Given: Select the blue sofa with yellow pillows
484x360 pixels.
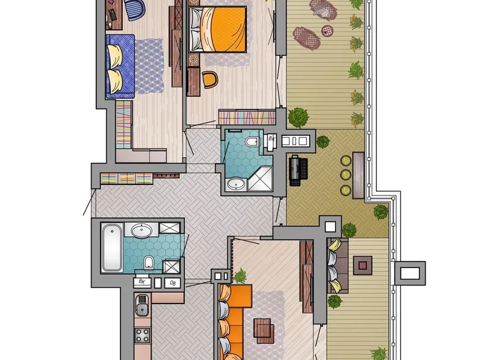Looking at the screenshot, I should click(x=120, y=66).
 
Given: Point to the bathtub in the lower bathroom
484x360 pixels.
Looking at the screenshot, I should click(x=111, y=248).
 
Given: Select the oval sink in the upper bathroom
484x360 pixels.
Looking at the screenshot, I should click(x=236, y=184).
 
